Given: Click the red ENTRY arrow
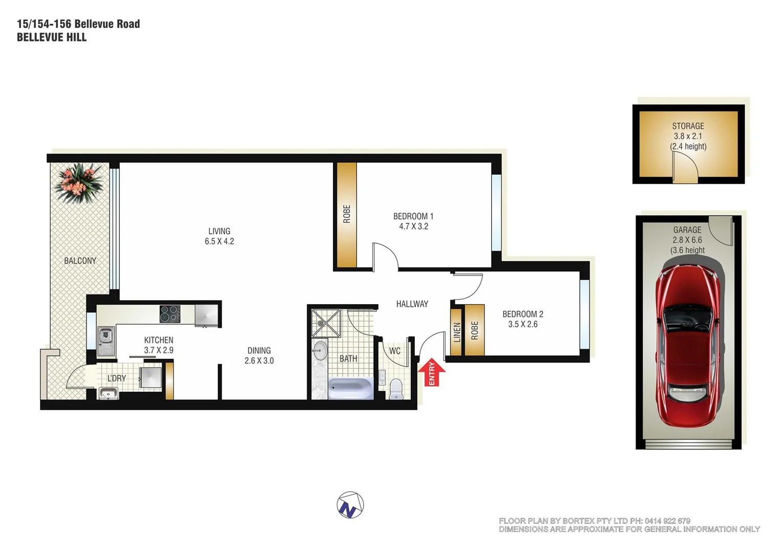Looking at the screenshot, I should pos(432,372).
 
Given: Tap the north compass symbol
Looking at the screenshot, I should pos(350,505).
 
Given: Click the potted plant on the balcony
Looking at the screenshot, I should pos(79,183).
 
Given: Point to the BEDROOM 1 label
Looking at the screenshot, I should pos(413,217).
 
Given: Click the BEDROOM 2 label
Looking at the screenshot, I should pos(522,314).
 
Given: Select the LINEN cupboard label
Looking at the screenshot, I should pos(457,332).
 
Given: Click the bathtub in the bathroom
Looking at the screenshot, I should pos(350,388).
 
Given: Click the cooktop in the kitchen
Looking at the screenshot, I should pos(170,314).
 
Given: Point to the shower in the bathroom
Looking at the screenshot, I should pos(326,323).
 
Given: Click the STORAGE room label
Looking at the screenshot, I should pos(688,126).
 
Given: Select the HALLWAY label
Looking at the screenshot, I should pos(412,304).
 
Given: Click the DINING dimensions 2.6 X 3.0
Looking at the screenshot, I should pos(259,360).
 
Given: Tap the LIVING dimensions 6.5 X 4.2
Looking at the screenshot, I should pos(219,241).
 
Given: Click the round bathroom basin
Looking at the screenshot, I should pos(320,351).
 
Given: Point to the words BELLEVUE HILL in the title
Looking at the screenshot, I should pos(52,37).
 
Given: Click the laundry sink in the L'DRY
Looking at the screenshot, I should pos(108,393).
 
